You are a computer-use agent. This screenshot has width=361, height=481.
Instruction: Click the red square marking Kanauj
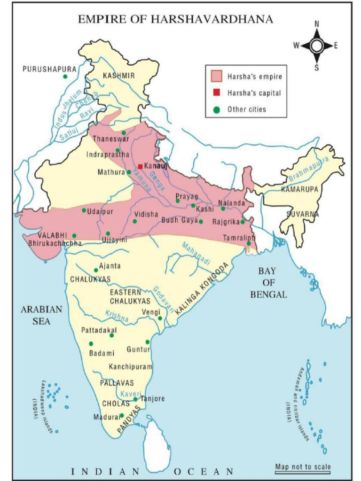[140, 166]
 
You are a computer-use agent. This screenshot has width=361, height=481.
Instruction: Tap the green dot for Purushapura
[65, 77]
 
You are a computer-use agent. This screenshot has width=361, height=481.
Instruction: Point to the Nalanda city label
[232, 203]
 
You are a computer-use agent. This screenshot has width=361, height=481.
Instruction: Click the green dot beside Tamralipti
[249, 243]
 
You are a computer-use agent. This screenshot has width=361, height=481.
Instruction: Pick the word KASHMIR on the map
[118, 76]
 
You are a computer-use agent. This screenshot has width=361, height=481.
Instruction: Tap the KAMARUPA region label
[299, 189]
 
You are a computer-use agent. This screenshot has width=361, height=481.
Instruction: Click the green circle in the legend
[216, 110]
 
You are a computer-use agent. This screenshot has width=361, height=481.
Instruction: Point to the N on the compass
[317, 24]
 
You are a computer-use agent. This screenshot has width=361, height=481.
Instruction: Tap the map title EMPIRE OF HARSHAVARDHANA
[175, 19]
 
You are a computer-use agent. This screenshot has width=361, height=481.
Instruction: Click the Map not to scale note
[303, 466]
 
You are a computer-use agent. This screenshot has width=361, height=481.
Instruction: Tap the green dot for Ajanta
[96, 270]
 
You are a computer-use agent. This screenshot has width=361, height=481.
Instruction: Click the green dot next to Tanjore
[135, 399]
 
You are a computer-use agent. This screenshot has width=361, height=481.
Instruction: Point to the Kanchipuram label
[131, 366]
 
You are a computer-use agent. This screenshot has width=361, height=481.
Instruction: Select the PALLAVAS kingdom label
[117, 383]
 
